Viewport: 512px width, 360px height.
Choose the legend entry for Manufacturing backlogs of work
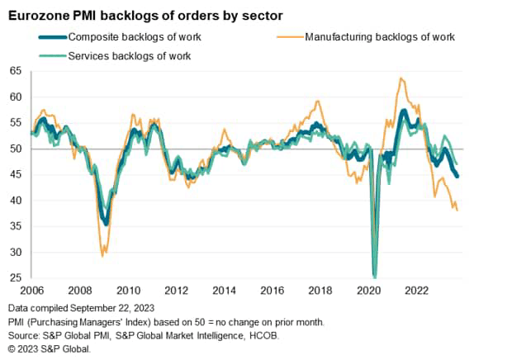pos(379,36)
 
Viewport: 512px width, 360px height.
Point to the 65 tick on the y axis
pos(16,71)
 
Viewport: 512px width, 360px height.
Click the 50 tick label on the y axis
pos(16,149)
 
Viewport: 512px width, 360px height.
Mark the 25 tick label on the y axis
pos(16,278)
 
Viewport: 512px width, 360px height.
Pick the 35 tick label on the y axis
pos(16,226)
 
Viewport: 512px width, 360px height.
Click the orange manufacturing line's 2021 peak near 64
pos(401,78)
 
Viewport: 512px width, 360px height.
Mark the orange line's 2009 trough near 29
pos(102,256)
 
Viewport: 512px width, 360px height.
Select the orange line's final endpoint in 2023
pos(457,211)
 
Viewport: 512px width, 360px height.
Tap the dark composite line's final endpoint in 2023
pos(458,176)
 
